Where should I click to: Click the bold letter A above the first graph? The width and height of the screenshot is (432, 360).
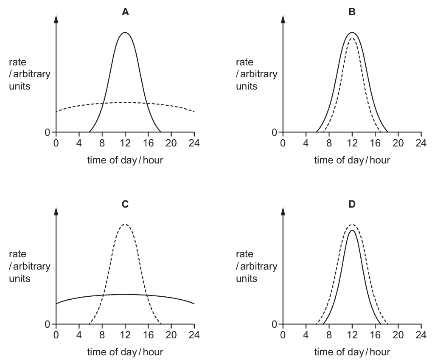pyautogui.click(x=125, y=12)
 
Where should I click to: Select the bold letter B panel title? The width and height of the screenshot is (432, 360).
pyautogui.click(x=352, y=12)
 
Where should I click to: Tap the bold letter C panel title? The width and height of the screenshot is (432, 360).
pyautogui.click(x=125, y=204)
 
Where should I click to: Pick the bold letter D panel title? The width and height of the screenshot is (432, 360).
pyautogui.click(x=352, y=204)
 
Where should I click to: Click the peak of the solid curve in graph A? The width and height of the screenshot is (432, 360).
pyautogui.click(x=125, y=33)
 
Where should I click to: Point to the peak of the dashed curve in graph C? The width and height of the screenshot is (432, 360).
pyautogui.click(x=125, y=225)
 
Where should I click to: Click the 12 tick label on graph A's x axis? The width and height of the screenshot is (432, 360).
pyautogui.click(x=125, y=142)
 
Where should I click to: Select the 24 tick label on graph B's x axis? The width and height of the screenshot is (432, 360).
pyautogui.click(x=421, y=142)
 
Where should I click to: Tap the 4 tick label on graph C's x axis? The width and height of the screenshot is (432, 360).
pyautogui.click(x=79, y=334)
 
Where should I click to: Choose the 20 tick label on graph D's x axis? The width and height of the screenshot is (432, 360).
pyautogui.click(x=398, y=334)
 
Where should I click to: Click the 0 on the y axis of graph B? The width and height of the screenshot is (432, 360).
pyautogui.click(x=275, y=132)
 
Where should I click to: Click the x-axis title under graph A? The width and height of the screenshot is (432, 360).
pyautogui.click(x=125, y=160)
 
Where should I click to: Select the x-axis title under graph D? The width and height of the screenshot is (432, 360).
pyautogui.click(x=352, y=352)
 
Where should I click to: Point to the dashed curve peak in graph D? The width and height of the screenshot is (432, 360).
pyautogui.click(x=351, y=225)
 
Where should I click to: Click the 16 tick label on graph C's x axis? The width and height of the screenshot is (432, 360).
pyautogui.click(x=148, y=334)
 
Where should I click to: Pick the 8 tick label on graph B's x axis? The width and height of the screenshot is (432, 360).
pyautogui.click(x=329, y=142)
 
